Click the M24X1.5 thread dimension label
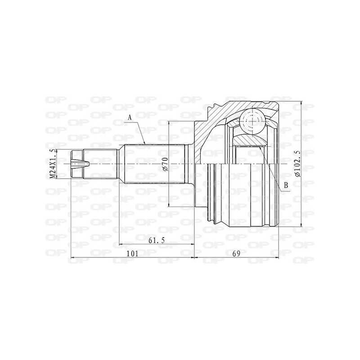[x=53, y=164]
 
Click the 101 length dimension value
[x=132, y=253]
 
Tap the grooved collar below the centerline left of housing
[x=216, y=193]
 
